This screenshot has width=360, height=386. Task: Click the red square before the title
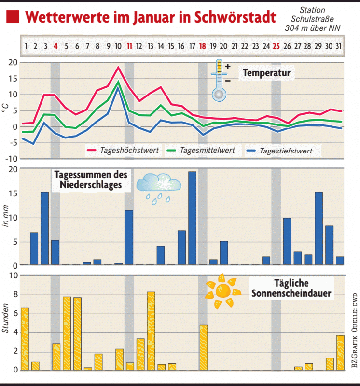[x=13, y=18]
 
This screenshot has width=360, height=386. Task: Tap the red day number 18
[x=203, y=46]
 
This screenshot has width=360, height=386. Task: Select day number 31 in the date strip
[x=340, y=46]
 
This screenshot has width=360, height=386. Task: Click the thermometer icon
[x=219, y=80]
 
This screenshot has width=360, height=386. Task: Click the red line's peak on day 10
[x=118, y=68]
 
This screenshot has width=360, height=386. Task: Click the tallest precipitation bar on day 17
[x=192, y=218]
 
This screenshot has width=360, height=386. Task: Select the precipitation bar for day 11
[x=129, y=237]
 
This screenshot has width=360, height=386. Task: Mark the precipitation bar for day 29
[x=318, y=228]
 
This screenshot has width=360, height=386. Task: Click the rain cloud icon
[x=158, y=188]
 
